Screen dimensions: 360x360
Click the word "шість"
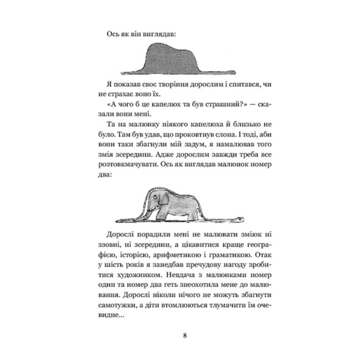[124, 262]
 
